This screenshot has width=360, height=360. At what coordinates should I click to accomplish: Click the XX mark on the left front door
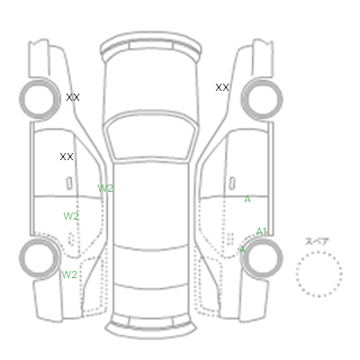click(x=67, y=157)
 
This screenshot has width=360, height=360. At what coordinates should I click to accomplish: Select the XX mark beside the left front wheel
click(x=73, y=97)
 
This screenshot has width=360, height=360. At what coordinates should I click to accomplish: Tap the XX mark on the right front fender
click(x=222, y=87)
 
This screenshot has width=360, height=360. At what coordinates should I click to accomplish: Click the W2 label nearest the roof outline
click(x=105, y=188)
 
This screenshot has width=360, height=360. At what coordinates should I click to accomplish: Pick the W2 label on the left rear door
click(x=71, y=216)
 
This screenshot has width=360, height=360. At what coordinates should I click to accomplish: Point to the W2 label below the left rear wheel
click(x=69, y=274)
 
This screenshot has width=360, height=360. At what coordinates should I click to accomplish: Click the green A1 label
click(x=261, y=231)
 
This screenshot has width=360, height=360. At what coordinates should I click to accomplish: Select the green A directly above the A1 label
click(x=247, y=199)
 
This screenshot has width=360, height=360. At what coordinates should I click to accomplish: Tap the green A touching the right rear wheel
click(x=242, y=249)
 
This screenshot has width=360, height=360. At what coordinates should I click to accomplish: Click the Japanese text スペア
click(x=317, y=242)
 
